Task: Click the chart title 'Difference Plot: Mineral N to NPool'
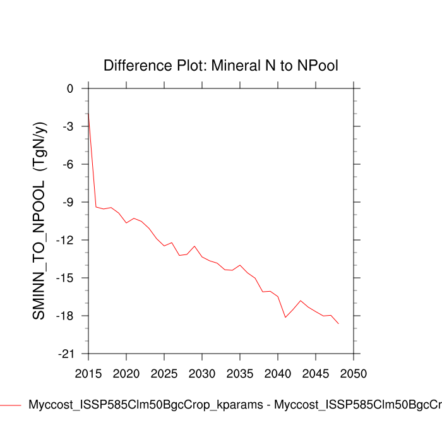coord(222,66)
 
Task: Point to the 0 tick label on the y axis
coord(70,89)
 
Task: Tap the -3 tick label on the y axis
coord(68,127)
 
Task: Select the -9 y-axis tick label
coord(68,203)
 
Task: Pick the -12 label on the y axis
coord(65,241)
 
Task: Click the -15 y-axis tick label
coord(65,278)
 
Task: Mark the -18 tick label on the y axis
coord(65,316)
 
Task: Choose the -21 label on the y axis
coord(65,354)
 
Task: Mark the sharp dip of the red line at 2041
coord(285,317)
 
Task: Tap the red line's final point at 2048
coord(338,323)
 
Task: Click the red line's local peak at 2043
coord(301,301)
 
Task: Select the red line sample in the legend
coord(11,405)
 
